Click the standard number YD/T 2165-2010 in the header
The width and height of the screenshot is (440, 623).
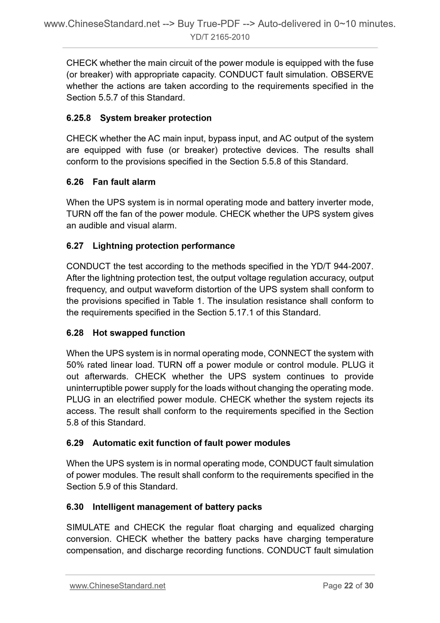pos(220,37)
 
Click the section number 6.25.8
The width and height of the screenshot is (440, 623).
pos(79,118)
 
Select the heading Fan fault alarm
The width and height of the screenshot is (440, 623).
pos(124,182)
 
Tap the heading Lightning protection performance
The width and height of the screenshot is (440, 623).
pos(164,246)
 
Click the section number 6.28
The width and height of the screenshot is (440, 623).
pos(75,333)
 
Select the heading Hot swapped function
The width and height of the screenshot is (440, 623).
pos(139,333)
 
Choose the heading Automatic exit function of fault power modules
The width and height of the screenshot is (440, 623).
pos(191,443)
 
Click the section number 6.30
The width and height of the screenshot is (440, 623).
pos(75,507)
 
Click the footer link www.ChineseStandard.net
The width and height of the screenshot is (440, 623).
pos(118,586)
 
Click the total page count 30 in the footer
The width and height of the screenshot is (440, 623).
pos(369,586)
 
